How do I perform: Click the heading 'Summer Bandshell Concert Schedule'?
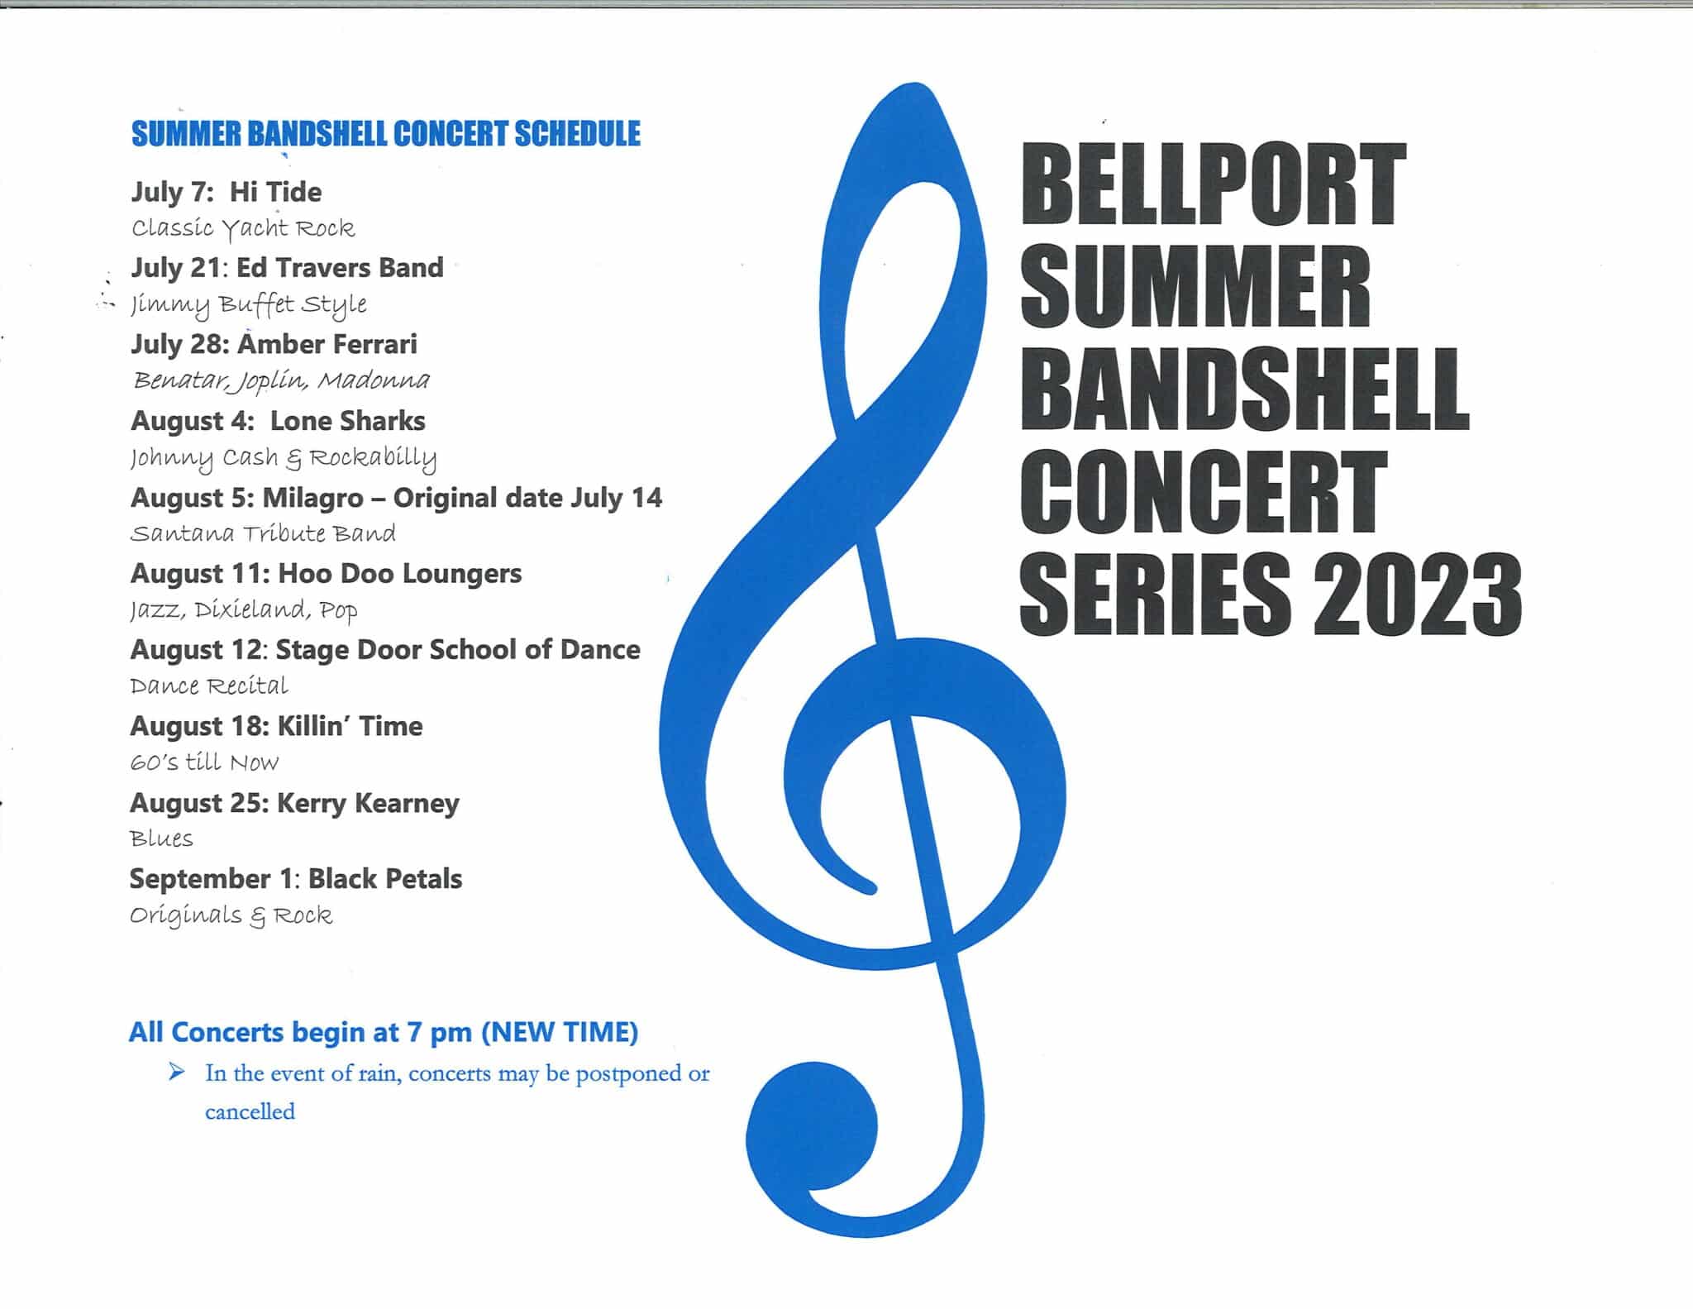click(x=385, y=134)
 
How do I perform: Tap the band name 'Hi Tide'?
click(x=275, y=192)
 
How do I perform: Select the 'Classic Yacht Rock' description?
click(x=243, y=228)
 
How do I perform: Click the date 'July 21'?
click(x=175, y=268)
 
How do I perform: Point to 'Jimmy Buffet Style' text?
click(x=249, y=305)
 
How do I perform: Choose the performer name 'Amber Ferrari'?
click(x=327, y=344)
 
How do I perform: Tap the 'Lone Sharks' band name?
click(x=347, y=421)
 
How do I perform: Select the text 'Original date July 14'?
click(x=527, y=498)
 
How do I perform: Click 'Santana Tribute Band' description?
click(x=263, y=533)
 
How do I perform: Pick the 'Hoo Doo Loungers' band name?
click(x=400, y=573)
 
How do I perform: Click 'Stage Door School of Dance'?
click(x=458, y=650)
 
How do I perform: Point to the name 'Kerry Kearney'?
click(x=368, y=803)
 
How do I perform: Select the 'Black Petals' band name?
click(x=385, y=879)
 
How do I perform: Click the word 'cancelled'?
click(x=250, y=1111)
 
